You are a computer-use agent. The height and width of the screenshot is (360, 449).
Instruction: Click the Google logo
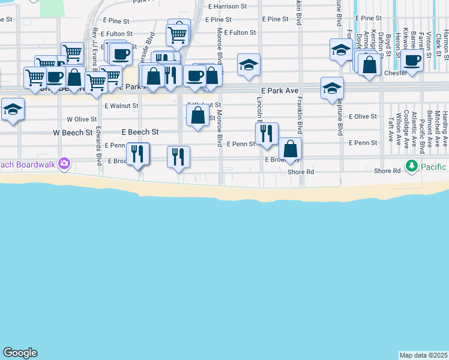20,353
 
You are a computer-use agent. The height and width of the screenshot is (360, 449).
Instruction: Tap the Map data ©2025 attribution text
423,355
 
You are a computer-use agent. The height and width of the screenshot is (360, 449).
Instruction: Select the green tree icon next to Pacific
411,166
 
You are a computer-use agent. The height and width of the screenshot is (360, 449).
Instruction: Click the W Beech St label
73,132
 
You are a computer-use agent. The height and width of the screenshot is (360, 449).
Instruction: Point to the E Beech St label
140,131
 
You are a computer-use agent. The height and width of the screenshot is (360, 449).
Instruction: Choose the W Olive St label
82,119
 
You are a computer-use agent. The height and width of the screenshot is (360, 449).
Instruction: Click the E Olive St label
363,116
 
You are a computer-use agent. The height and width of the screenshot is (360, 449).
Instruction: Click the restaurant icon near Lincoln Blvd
267,133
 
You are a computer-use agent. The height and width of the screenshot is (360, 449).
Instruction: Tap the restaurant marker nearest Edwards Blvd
137,154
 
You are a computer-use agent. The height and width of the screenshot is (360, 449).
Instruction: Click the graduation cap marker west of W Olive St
12,109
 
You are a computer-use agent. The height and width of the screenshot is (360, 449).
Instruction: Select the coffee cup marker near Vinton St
412,59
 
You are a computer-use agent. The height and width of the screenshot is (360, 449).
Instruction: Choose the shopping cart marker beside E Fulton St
178,34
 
